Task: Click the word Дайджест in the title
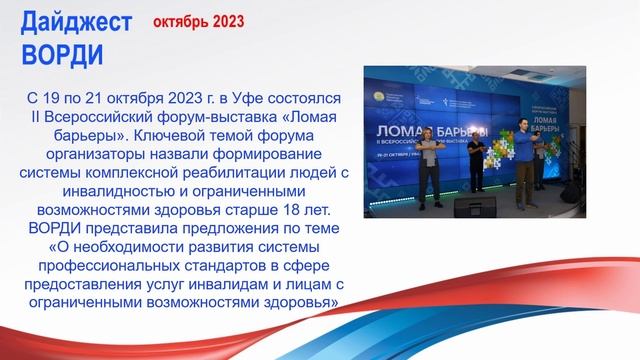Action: [75, 22]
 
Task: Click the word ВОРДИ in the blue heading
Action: [61, 52]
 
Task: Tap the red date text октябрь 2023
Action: [196, 21]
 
